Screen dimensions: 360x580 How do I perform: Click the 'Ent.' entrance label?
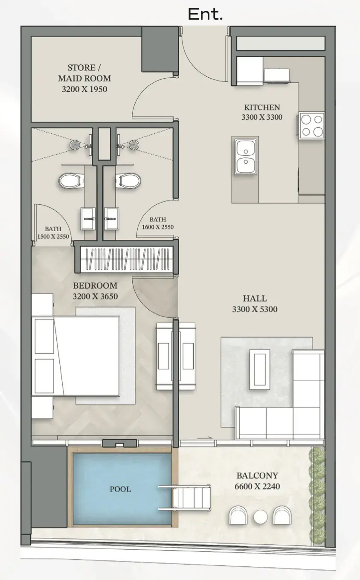(205, 14)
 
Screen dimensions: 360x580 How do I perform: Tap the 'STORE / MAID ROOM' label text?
(84, 73)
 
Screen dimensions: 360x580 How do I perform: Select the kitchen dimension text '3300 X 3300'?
(262, 117)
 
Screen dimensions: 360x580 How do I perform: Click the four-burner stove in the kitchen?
(311, 126)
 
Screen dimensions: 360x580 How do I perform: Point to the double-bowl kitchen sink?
(246, 157)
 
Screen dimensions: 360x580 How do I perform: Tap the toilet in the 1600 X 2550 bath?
(128, 180)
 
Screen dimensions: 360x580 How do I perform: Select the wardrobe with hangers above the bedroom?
(126, 259)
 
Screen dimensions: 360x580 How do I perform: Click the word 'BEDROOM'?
(95, 286)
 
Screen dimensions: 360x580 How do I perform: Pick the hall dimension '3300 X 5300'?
(255, 309)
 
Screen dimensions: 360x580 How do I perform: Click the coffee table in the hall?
(259, 369)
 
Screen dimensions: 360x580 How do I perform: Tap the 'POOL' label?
(120, 489)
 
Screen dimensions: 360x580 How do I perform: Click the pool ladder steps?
(185, 498)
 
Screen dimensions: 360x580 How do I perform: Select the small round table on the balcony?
(260, 517)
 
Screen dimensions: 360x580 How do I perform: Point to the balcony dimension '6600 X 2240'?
(257, 486)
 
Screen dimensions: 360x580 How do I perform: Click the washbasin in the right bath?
(112, 218)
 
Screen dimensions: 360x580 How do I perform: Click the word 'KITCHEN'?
(262, 107)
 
